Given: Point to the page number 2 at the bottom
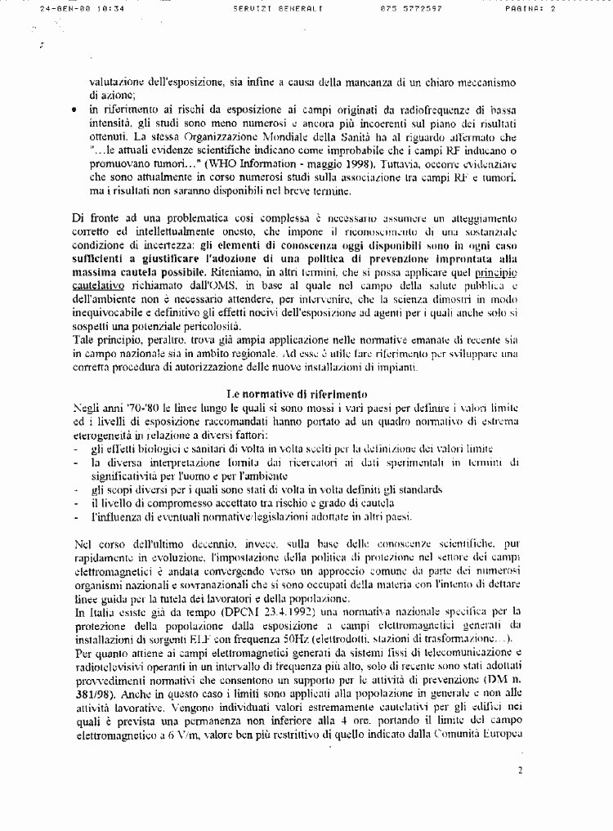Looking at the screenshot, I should pos(521,769).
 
